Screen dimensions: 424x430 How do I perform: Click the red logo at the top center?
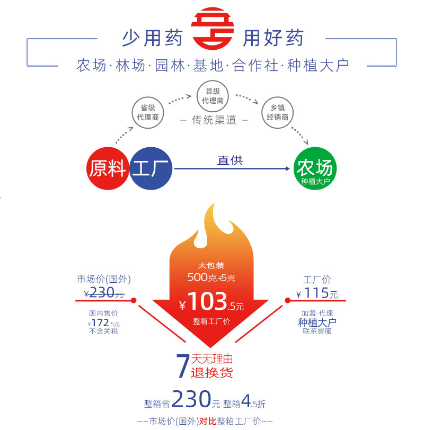(212, 29)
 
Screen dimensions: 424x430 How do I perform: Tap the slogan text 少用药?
(152, 38)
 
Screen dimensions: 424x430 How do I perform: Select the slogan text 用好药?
(273, 38)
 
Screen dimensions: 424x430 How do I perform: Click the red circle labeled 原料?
(108, 169)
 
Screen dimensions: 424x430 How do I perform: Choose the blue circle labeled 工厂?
(152, 169)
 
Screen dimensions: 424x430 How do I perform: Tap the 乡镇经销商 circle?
(277, 112)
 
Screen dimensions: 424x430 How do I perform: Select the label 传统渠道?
(214, 120)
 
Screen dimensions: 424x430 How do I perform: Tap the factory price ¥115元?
(317, 293)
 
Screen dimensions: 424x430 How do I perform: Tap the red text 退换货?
(211, 372)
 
